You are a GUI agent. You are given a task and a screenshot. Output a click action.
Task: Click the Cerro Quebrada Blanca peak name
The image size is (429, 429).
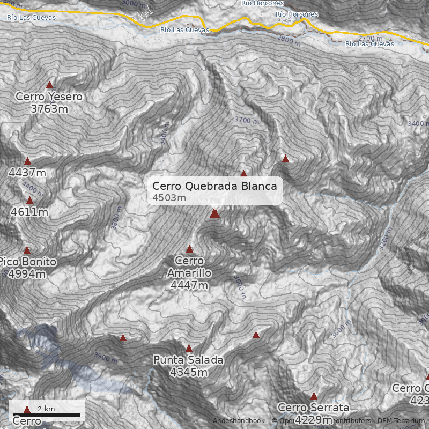point(214,186)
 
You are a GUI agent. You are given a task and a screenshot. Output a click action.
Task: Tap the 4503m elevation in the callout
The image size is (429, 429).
point(169,198)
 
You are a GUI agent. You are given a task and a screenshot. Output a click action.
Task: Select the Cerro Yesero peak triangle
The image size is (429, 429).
point(50,85)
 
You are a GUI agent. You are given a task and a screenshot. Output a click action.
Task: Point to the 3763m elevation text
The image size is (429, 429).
point(49,109)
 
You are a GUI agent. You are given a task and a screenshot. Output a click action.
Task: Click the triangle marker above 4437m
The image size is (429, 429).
point(28,161)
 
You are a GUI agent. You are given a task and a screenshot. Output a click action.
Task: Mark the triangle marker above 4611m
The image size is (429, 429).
point(30,200)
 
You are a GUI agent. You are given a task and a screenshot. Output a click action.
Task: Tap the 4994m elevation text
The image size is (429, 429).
point(27,273)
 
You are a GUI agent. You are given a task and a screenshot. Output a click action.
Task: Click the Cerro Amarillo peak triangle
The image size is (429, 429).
point(189,249)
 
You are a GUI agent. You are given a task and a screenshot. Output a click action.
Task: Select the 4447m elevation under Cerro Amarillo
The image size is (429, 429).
point(189,285)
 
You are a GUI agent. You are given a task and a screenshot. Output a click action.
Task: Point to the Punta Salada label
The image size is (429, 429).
point(188,360)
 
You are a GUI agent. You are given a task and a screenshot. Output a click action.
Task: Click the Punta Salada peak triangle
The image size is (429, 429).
point(189,348)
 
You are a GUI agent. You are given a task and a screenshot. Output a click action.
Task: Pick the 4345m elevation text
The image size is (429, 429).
point(188,372)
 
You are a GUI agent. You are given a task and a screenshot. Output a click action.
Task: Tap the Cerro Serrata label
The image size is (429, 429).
point(314,408)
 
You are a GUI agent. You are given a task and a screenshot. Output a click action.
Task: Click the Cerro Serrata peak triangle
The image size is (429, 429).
point(314,396)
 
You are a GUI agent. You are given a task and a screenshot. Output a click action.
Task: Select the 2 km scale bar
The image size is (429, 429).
point(46,415)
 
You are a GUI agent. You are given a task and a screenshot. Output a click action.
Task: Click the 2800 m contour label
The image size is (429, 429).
point(289,41)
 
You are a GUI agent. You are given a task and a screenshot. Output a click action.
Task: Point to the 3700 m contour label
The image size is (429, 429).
point(247,121)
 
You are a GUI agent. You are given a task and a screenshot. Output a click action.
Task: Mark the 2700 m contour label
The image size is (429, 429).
point(371,38)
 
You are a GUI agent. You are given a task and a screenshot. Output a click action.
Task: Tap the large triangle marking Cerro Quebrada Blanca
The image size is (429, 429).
point(214,213)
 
